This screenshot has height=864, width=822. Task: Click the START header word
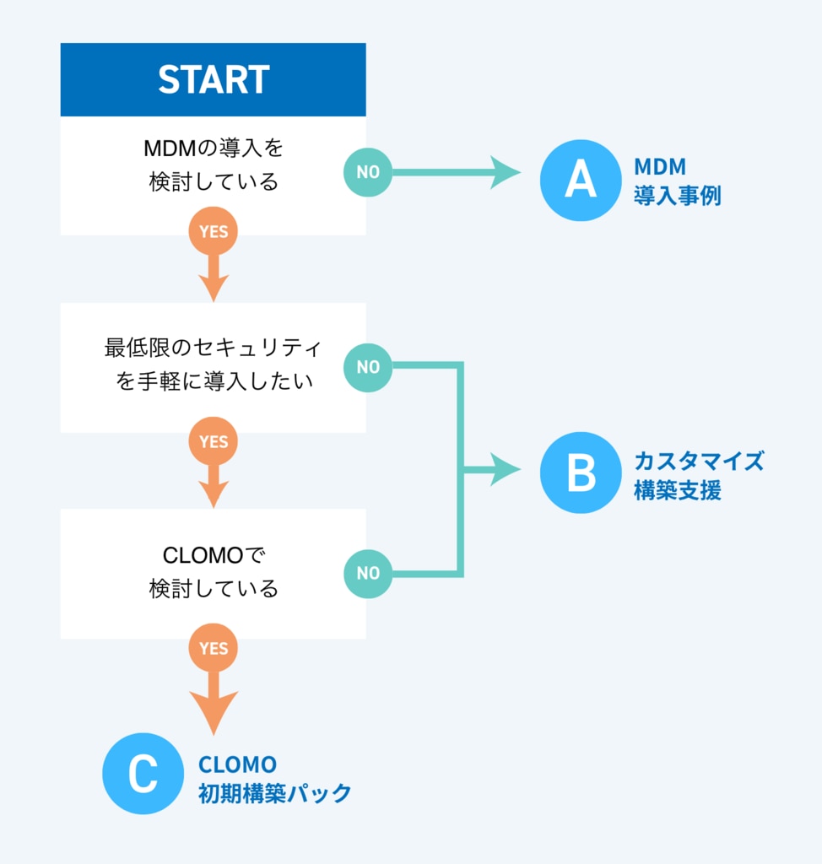(x=214, y=79)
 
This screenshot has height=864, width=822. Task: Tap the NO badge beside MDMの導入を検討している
(x=368, y=172)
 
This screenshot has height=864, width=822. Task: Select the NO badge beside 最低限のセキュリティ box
(x=368, y=368)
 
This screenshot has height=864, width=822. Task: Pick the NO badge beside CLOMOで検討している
(x=368, y=574)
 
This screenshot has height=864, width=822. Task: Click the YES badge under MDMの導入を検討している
(x=214, y=231)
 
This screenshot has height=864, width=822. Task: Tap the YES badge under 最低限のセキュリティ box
(x=214, y=441)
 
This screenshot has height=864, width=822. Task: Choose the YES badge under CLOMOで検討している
(x=214, y=648)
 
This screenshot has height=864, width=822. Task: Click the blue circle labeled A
(x=581, y=181)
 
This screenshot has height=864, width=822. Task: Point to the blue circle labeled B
(x=581, y=472)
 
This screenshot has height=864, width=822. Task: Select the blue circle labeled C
(x=143, y=774)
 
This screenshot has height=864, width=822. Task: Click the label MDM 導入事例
(x=678, y=181)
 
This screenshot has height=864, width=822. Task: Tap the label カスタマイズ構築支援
(x=699, y=476)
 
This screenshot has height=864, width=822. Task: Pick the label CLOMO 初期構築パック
(x=274, y=779)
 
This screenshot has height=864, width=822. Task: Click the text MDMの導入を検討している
(x=214, y=165)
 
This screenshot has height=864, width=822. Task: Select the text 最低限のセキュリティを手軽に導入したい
(x=214, y=364)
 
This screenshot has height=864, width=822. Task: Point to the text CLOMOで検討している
(x=214, y=572)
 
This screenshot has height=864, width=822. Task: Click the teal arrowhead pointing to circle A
(x=505, y=172)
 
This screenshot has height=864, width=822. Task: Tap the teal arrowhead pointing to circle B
(x=505, y=470)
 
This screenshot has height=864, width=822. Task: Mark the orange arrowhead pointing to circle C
(x=214, y=713)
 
